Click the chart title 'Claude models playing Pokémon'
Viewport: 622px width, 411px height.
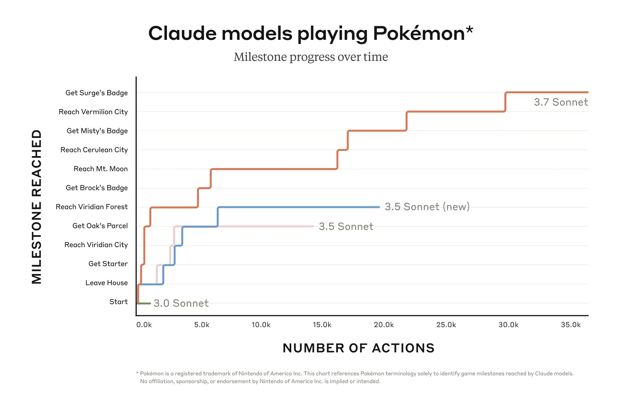click(x=310, y=33)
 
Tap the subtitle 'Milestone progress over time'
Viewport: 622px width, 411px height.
click(x=311, y=57)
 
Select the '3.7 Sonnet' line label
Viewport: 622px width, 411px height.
click(x=560, y=102)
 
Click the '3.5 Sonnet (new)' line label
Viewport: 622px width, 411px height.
click(x=427, y=207)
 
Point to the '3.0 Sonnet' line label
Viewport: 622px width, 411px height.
click(x=181, y=303)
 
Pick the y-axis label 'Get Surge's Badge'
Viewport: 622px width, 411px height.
click(x=97, y=93)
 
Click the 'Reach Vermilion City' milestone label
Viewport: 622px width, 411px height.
click(x=93, y=112)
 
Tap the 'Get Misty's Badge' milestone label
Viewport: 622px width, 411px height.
click(x=97, y=131)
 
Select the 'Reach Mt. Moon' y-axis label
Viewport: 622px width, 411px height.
click(x=100, y=169)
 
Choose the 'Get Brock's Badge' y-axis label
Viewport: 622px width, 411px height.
click(x=97, y=188)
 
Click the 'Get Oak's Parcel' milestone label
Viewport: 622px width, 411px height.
click(x=100, y=226)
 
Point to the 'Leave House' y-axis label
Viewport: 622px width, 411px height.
click(x=106, y=283)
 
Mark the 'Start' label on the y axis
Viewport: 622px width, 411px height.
click(x=118, y=302)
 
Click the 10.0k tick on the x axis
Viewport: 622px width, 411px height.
click(x=261, y=325)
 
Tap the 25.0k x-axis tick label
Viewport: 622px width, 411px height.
click(x=446, y=325)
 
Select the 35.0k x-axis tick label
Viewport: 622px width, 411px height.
click(x=570, y=325)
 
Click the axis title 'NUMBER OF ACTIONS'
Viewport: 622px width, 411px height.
click(x=358, y=348)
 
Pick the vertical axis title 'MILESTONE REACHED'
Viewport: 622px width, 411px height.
click(x=37, y=207)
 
